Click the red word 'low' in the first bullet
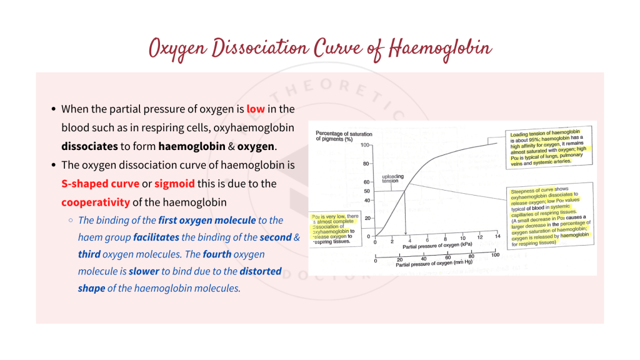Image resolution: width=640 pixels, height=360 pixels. pos(256,109)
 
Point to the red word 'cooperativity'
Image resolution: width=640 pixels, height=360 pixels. pos(96,202)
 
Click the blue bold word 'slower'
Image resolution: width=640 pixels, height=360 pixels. pos(144,271)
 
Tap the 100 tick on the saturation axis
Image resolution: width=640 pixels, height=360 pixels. pos(364,145)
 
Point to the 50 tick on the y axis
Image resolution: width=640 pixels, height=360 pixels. pos(366,191)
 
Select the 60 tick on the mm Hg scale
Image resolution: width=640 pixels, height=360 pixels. pos(447,257)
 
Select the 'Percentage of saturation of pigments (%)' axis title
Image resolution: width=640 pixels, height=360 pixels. pos(344,136)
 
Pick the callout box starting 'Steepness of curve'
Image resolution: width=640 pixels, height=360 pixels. pos(550,216)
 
